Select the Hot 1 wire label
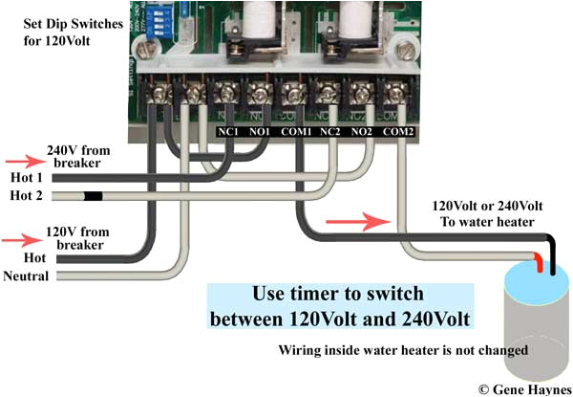25,177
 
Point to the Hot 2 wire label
25,196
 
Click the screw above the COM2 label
393,94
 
